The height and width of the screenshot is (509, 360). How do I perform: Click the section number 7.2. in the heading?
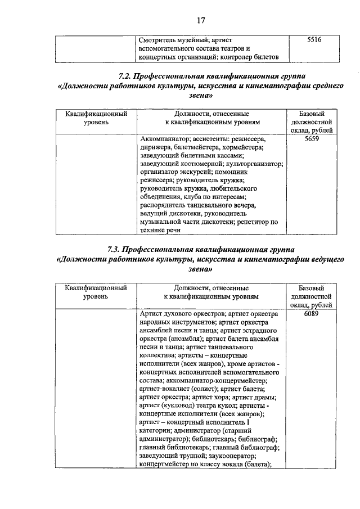click(127, 75)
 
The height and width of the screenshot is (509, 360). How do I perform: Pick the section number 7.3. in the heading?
click(115, 249)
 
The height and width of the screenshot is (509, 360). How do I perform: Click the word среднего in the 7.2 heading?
click(324, 85)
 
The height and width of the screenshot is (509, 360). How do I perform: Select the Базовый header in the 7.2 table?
click(312, 113)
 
